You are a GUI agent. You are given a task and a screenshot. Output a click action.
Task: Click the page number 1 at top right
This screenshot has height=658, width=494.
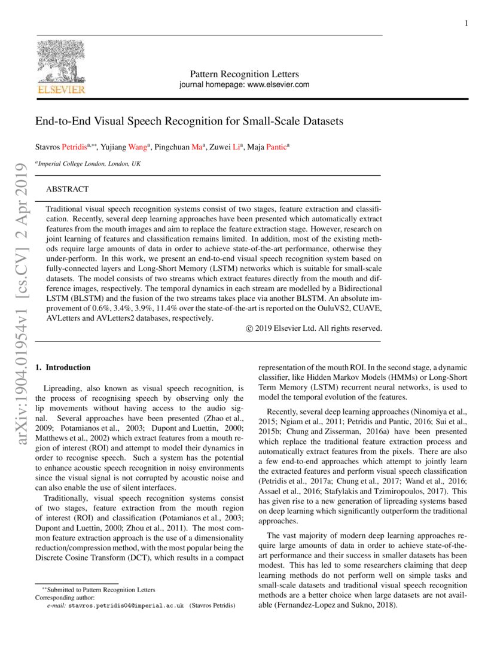pyautogui.click(x=466, y=23)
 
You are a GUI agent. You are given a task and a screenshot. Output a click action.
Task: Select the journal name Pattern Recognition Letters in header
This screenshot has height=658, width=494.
pyautogui.click(x=244, y=74)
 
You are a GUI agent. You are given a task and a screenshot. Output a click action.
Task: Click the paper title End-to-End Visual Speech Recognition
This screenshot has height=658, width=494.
pyautogui.click(x=189, y=121)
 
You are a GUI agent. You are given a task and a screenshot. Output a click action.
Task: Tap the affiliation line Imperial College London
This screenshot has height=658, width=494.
pyautogui.click(x=89, y=163)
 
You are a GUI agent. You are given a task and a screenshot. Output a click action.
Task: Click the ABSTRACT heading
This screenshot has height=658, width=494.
pyautogui.click(x=68, y=189)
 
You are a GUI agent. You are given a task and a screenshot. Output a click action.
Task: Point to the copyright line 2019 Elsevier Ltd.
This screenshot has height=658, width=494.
pyautogui.click(x=313, y=328)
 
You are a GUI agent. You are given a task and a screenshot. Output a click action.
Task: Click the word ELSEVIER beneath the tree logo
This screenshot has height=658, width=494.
pyautogui.click(x=61, y=90)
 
